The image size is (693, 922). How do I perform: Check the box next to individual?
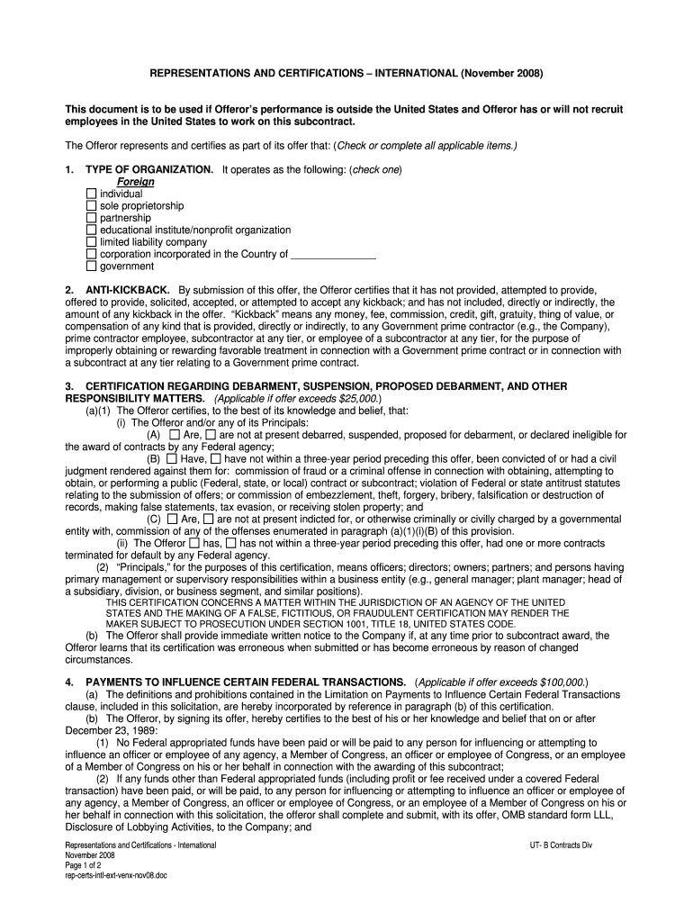91,194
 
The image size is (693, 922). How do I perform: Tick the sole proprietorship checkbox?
91,206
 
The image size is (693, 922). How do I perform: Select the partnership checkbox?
91,218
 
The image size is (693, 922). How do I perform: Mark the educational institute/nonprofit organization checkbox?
91,230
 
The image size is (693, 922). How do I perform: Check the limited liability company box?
91,242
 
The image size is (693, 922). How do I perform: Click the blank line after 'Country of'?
334,255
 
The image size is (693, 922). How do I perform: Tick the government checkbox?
91,267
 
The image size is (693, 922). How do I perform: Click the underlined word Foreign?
136,182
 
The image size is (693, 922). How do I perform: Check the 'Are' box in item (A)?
175,435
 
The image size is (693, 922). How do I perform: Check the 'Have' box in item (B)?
173,459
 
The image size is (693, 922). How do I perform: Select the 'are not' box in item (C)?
209,520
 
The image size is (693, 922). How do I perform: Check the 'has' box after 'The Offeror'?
194,544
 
